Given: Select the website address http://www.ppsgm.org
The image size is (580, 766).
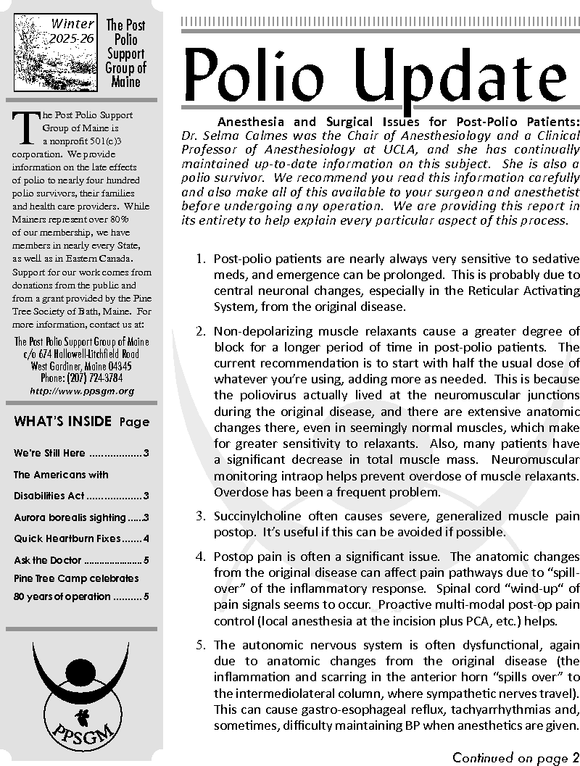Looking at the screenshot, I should click(82, 391).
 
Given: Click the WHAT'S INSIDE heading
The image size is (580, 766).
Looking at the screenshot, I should click(63, 422).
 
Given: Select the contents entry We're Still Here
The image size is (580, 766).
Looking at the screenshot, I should click(49, 454).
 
